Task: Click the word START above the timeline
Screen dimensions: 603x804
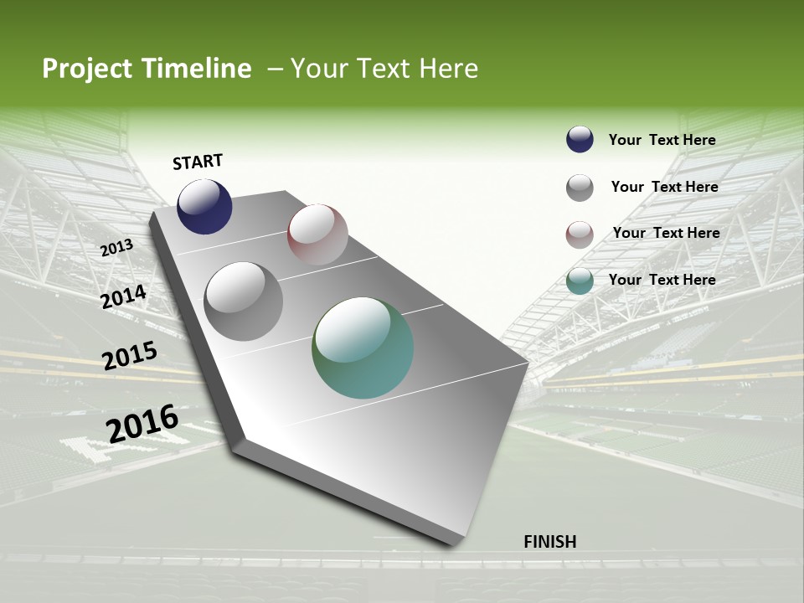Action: [198, 162]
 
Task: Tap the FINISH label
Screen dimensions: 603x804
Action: [550, 542]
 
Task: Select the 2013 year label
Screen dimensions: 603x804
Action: [116, 248]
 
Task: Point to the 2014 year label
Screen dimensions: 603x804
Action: [123, 296]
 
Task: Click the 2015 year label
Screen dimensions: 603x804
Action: [130, 356]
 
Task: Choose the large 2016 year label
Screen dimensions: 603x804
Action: [142, 424]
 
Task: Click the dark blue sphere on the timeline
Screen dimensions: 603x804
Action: [204, 207]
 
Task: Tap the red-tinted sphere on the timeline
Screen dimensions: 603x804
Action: [317, 234]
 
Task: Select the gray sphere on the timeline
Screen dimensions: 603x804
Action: [244, 301]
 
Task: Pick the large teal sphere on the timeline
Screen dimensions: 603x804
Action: [363, 348]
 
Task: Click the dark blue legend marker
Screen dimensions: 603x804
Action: [580, 140]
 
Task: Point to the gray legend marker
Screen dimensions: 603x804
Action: [580, 188]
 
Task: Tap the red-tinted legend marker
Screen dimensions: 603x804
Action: [580, 234]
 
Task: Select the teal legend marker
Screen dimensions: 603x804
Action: [580, 281]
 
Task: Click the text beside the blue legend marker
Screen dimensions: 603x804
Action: [662, 140]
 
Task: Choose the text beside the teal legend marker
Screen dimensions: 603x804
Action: [662, 280]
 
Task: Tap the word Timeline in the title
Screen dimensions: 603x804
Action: [198, 69]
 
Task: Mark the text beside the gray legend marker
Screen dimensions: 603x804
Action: [664, 187]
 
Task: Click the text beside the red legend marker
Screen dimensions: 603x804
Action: [666, 233]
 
